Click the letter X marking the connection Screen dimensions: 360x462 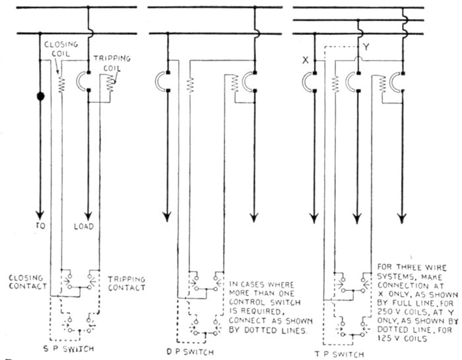coord(306,60)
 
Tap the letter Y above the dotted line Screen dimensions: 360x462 coord(367,47)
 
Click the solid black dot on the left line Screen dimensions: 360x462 coord(41,98)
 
